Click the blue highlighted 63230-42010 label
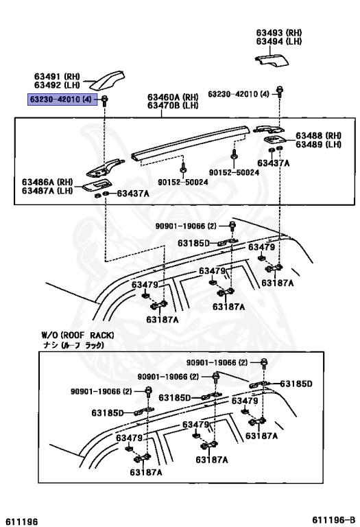(x=62, y=100)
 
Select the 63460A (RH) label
(x=171, y=98)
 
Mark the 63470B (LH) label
(x=171, y=107)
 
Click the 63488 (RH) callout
(x=319, y=135)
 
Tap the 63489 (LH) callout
(x=319, y=144)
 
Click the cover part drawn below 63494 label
(x=275, y=60)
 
